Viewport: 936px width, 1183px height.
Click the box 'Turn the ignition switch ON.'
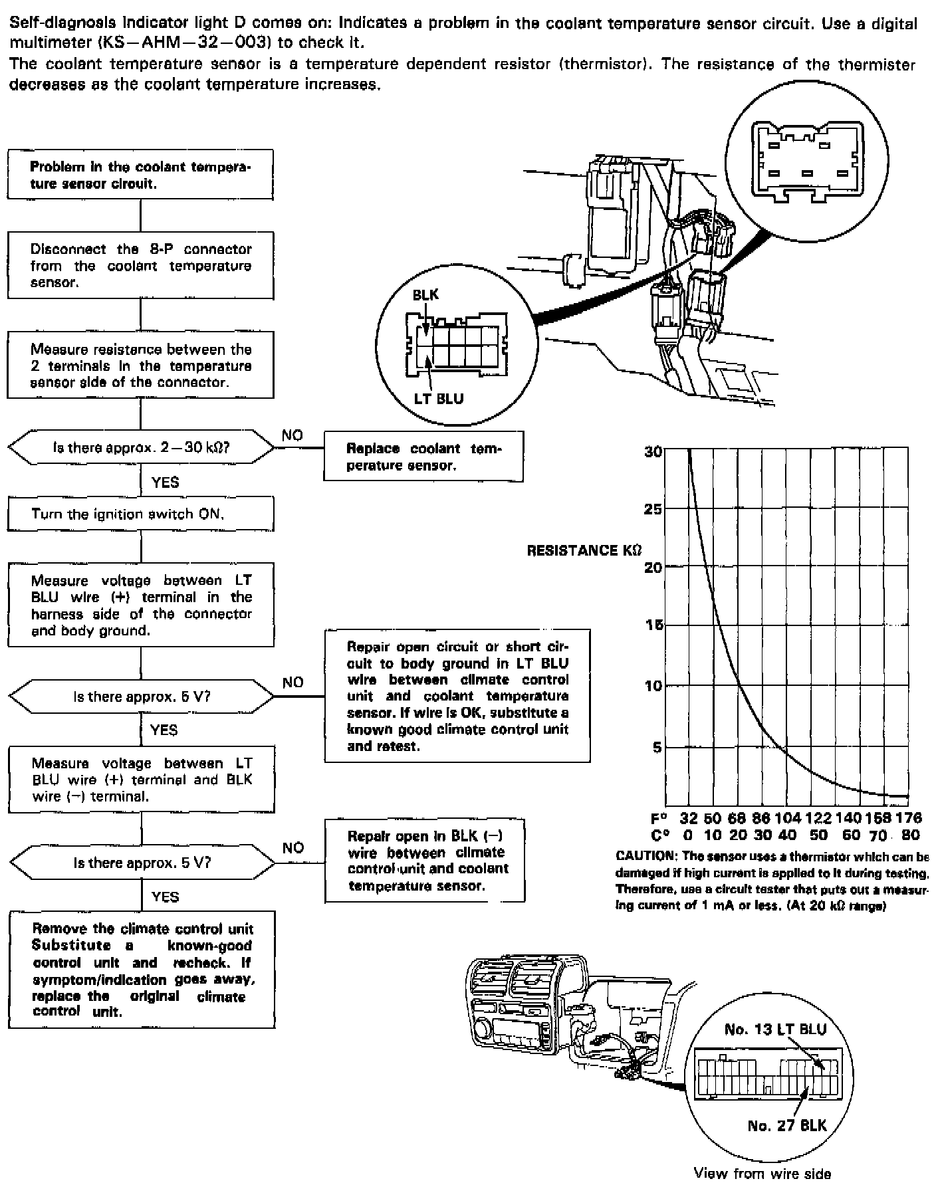140,514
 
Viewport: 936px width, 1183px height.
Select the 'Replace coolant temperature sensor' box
423,457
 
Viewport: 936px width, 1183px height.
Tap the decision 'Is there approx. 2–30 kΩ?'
141,447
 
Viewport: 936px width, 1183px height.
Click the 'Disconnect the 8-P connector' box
140,265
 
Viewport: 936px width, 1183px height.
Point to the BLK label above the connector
425,294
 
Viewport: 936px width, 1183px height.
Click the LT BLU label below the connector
438,399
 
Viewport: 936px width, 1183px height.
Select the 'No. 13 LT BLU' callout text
775,1029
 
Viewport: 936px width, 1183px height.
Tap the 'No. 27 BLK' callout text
787,1125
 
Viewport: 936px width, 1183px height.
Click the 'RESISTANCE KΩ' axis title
584,550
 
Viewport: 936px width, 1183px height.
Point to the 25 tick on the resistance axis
653,509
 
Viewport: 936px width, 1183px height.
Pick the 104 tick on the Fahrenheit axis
787,818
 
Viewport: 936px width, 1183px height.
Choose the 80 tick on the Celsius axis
910,835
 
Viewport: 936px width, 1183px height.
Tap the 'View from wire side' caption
762,1173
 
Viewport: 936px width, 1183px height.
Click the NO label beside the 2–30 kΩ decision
292,435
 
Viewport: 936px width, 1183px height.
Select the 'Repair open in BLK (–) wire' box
425,861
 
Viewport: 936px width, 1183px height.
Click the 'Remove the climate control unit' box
142,970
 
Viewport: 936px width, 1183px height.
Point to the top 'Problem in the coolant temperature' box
140,175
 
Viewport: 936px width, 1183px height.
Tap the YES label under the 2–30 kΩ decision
165,482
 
